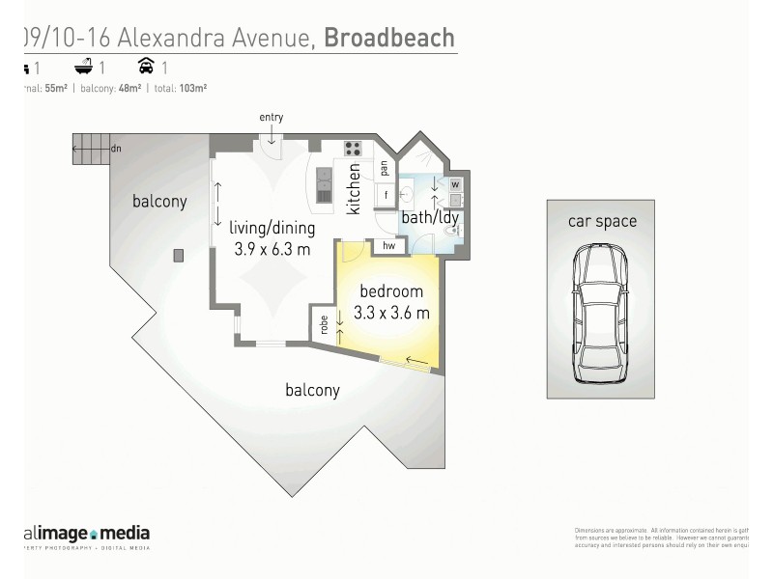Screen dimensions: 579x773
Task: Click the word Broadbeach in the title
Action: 388,38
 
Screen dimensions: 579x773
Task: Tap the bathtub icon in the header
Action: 84,68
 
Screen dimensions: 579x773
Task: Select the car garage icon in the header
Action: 147,68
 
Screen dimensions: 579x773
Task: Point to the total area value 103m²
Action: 193,88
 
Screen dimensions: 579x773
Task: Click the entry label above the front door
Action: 271,118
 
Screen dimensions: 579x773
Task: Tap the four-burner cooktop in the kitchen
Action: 353,149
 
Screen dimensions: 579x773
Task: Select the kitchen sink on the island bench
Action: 324,180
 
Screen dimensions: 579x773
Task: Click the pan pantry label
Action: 385,167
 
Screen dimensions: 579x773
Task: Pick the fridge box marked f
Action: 386,195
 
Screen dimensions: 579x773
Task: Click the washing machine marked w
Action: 456,184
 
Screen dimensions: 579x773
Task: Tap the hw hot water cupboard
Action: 389,247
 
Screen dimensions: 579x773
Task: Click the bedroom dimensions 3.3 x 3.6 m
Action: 391,313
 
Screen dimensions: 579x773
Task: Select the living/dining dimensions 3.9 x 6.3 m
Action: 272,249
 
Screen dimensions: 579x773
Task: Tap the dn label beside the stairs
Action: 116,149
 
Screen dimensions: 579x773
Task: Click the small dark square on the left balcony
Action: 179,256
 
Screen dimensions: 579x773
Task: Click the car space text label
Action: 602,221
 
